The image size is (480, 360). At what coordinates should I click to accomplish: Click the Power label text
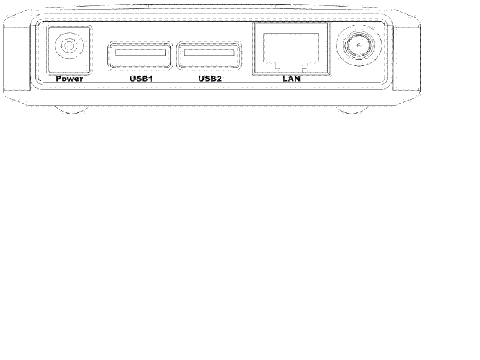pos(69,79)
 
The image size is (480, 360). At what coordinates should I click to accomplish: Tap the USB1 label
pos(141,79)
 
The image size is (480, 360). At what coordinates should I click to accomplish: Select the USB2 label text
pos(209,79)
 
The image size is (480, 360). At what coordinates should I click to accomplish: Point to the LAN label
pos(291,79)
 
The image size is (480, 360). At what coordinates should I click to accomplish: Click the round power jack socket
pos(69,46)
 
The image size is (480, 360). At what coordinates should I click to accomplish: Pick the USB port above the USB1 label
pos(140,55)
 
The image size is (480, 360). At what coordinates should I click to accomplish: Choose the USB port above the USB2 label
pos(209,55)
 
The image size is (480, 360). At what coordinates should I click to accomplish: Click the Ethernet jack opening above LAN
pos(291,52)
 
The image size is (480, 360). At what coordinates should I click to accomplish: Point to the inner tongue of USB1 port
pos(140,52)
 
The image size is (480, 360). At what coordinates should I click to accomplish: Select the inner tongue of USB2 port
pos(209,52)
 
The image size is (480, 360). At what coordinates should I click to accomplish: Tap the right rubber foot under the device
pos(351,110)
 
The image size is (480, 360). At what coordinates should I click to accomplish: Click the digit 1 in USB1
pos(150,79)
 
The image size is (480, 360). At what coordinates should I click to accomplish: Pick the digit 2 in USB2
pos(218,79)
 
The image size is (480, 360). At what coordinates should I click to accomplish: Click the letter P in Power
pos(59,79)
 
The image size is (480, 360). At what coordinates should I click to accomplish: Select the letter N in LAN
pos(297,79)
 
